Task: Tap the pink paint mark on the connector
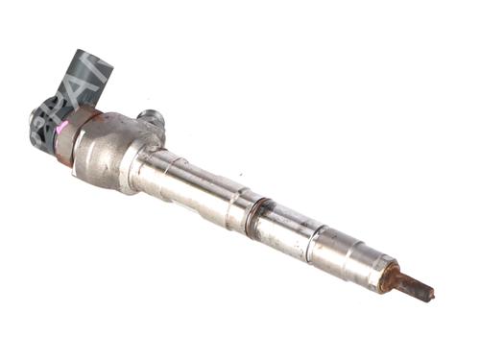62,126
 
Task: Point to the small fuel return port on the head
151,118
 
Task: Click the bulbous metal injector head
110,149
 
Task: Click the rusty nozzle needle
410,284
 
